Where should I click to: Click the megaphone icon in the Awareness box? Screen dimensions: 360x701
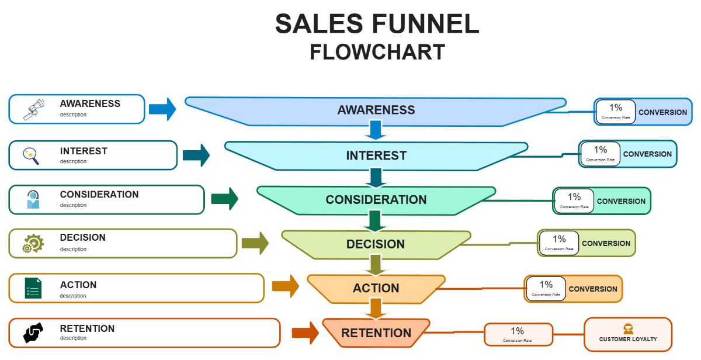pos(34,109)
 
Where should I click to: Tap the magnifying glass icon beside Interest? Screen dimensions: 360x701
pos(30,155)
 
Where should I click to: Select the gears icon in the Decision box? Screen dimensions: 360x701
pos(33,243)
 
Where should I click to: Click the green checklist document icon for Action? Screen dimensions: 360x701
pos(33,288)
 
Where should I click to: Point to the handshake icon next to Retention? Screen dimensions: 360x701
pos(33,333)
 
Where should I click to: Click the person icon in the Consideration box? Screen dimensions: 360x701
pos(33,200)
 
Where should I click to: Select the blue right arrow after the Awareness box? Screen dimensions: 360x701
pos(162,109)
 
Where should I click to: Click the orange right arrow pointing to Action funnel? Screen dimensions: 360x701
pos(285,286)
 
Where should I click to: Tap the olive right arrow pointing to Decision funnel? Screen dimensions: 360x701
pos(255,243)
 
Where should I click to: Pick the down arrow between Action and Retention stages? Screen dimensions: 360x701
pos(376,308)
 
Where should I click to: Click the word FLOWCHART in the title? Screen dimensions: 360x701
pos(377,52)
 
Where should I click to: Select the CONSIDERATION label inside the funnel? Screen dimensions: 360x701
pos(376,200)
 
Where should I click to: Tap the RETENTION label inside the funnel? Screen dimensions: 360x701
pos(376,333)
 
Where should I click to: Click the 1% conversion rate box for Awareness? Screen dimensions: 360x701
pos(616,111)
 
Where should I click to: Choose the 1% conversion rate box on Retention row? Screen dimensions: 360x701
pos(518,334)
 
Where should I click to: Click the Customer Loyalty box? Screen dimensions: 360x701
pos(628,334)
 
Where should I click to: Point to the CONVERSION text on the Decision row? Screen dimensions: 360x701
pos(606,244)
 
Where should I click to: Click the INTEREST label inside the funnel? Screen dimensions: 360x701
pos(376,155)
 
